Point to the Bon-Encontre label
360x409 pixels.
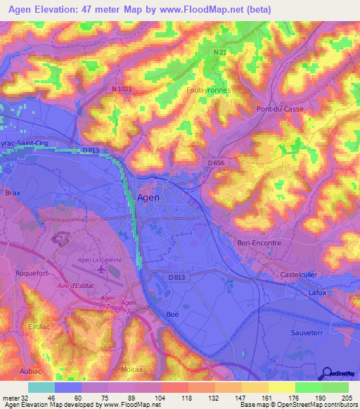[x=259, y=242]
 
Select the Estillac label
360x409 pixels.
[x=42, y=327]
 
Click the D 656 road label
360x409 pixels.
[x=216, y=163]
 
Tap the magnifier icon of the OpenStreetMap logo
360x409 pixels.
[x=326, y=374]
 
